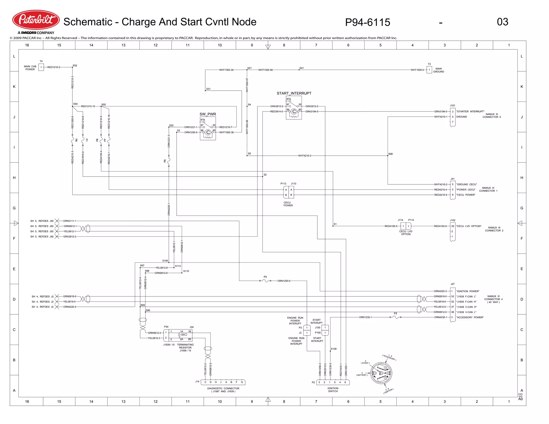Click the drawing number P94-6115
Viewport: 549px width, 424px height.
[x=367, y=22]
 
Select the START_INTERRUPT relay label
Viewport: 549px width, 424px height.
[x=294, y=93]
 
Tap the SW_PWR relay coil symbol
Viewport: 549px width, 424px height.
[x=208, y=132]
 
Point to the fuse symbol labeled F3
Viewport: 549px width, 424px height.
[x=265, y=281]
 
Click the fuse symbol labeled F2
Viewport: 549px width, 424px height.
[x=395, y=317]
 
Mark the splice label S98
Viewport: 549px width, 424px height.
[x=390, y=154]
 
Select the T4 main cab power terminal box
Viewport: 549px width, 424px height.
[x=41, y=67]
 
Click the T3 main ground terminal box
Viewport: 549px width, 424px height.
[x=429, y=70]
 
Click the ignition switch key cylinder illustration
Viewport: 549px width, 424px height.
[x=381, y=373]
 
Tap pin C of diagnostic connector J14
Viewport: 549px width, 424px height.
[x=205, y=382]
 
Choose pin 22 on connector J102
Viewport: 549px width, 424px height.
[x=452, y=226]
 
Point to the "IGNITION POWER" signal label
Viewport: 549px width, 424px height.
[x=468, y=291]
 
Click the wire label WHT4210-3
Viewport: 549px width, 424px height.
[x=305, y=156]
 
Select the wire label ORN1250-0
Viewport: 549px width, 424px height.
[x=284, y=281]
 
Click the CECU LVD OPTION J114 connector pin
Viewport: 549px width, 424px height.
[x=403, y=226]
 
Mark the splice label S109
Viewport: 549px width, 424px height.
[x=333, y=349]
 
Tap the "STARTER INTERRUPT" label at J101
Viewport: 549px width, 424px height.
[x=470, y=111]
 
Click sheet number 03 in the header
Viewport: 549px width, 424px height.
[x=502, y=22]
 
